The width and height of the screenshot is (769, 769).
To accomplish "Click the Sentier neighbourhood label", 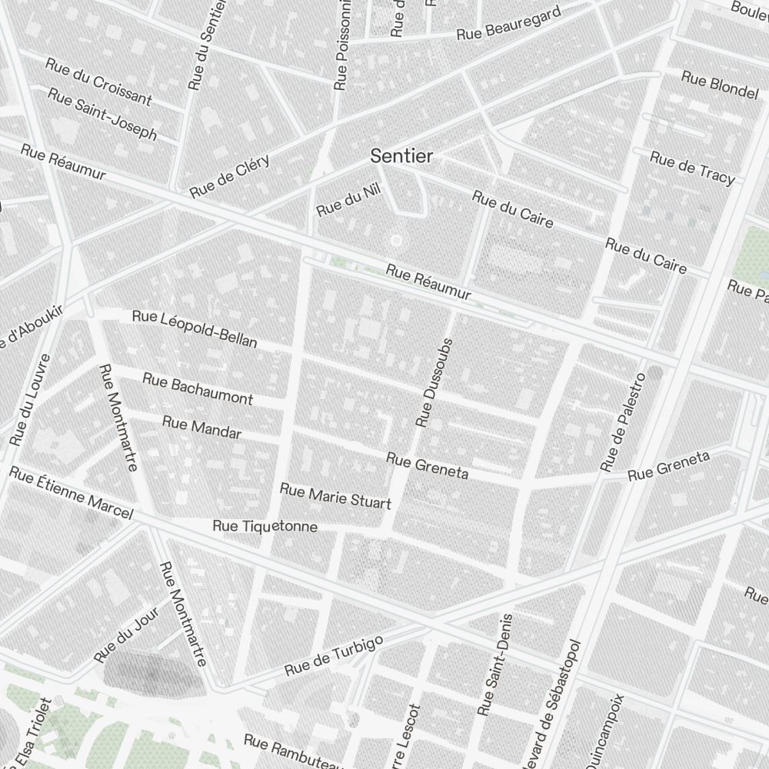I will [401, 156].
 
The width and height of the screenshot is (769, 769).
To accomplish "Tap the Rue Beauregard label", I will [508, 24].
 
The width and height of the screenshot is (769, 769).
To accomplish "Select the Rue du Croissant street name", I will [98, 82].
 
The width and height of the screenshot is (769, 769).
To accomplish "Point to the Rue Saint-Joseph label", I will [102, 114].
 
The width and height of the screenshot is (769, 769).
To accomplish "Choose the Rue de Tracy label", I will [692, 168].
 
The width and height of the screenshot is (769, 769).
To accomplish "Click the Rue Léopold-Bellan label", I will [195, 328].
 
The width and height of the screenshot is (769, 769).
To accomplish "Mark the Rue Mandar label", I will [201, 428].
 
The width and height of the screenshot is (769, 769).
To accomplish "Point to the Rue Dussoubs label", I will [435, 382].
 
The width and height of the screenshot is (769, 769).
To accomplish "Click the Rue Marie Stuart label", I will [335, 496].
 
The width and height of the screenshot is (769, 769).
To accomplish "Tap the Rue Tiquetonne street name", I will [265, 527].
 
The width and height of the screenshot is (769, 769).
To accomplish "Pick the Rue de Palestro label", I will [622, 422].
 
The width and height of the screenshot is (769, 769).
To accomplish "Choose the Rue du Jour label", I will [126, 634].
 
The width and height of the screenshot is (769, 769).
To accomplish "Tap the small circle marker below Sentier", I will [396, 241].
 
